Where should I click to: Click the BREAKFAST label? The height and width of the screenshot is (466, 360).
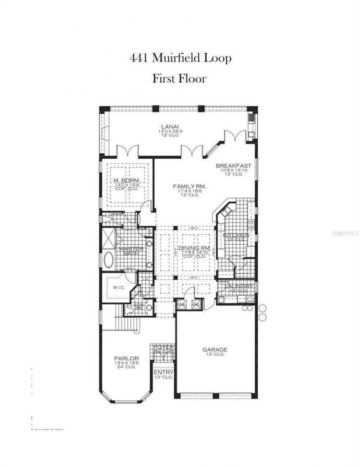coord(233,166)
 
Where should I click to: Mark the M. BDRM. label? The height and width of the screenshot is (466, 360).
coord(126,181)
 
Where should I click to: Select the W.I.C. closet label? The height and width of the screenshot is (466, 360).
coord(119,287)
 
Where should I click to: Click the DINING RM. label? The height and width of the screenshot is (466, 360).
coord(194,248)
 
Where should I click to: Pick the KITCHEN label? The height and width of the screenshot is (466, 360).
coord(236,235)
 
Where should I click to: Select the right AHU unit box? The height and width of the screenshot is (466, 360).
coord(196,305)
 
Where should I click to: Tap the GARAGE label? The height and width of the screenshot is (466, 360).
coord(215,349)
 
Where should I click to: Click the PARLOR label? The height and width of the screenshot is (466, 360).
coord(125,358)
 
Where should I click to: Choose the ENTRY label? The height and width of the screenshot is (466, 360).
coord(163,372)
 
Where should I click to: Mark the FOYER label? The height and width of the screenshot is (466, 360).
coord(163,347)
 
